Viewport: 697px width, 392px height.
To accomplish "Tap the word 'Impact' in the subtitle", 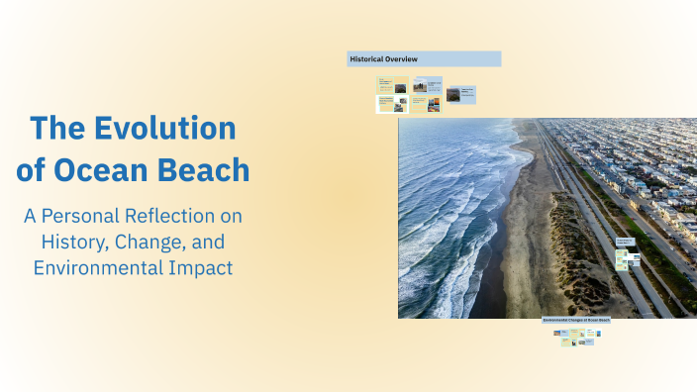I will [x=202, y=267].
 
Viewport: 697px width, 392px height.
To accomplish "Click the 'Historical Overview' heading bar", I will [x=424, y=59].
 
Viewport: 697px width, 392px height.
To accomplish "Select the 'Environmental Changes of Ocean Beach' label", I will [x=576, y=321].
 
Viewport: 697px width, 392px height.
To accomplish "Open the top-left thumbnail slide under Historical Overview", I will [x=392, y=86].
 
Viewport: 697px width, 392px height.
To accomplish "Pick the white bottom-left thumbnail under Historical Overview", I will [x=392, y=104].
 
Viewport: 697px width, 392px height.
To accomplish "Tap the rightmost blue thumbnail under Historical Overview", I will [x=460, y=94].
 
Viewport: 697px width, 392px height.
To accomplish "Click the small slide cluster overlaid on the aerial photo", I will [x=627, y=256].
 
